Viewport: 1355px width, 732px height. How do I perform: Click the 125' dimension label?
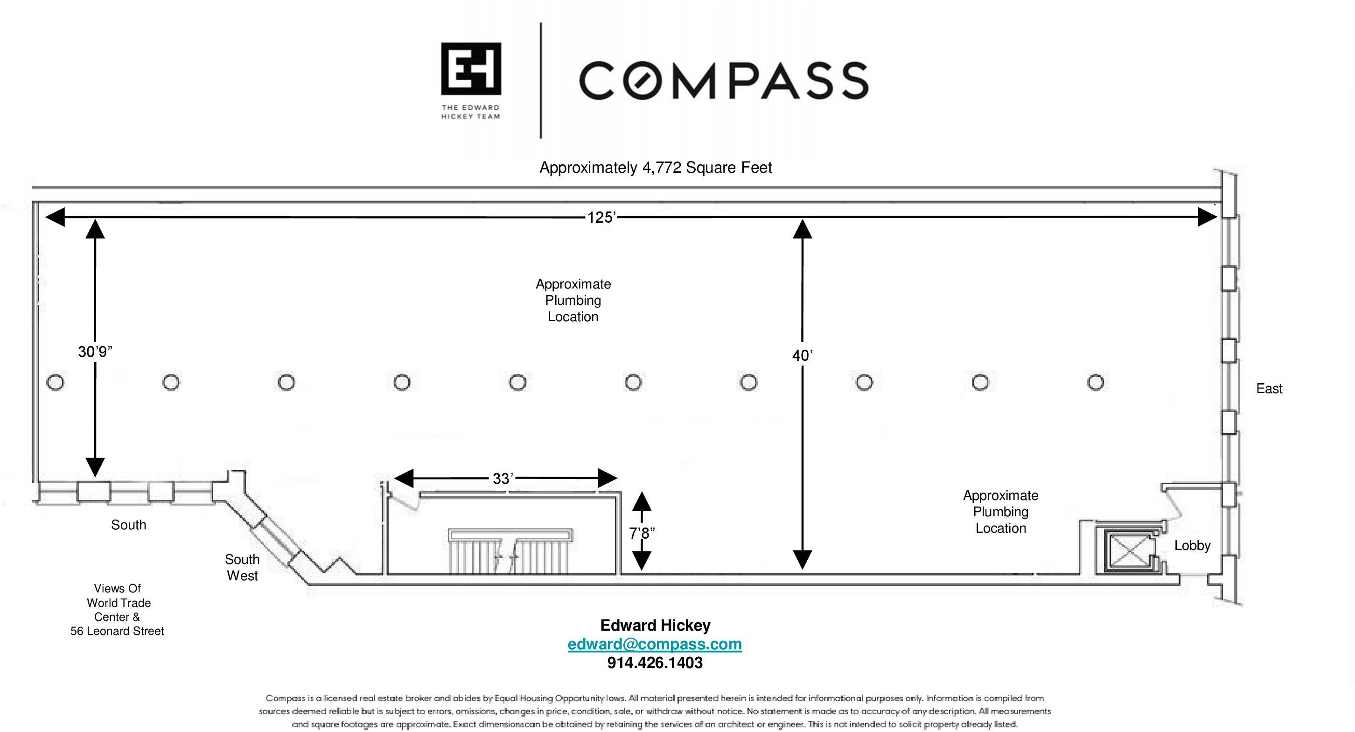(601, 218)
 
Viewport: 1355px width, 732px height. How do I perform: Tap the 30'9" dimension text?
(95, 352)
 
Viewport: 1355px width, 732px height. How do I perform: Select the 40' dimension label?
(802, 356)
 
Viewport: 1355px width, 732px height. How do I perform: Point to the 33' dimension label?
(503, 479)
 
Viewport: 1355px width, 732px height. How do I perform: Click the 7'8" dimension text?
(642, 534)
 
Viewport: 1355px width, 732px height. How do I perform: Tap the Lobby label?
(1192, 545)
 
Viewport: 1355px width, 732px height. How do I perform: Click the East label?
(1269, 388)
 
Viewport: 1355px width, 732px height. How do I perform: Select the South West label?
(242, 567)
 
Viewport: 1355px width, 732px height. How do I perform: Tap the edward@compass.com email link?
(654, 644)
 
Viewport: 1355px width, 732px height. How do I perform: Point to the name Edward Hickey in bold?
(655, 625)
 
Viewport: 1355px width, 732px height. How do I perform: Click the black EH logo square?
(471, 69)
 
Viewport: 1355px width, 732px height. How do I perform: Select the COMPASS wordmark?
(723, 80)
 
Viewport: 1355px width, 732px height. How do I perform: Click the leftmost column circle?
(55, 382)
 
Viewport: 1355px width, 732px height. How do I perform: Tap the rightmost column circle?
(1096, 382)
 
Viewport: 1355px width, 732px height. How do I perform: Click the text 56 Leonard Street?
(117, 631)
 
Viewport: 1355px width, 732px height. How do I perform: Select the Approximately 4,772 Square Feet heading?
(656, 167)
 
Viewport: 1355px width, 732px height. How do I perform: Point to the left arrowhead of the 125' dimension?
(55, 217)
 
